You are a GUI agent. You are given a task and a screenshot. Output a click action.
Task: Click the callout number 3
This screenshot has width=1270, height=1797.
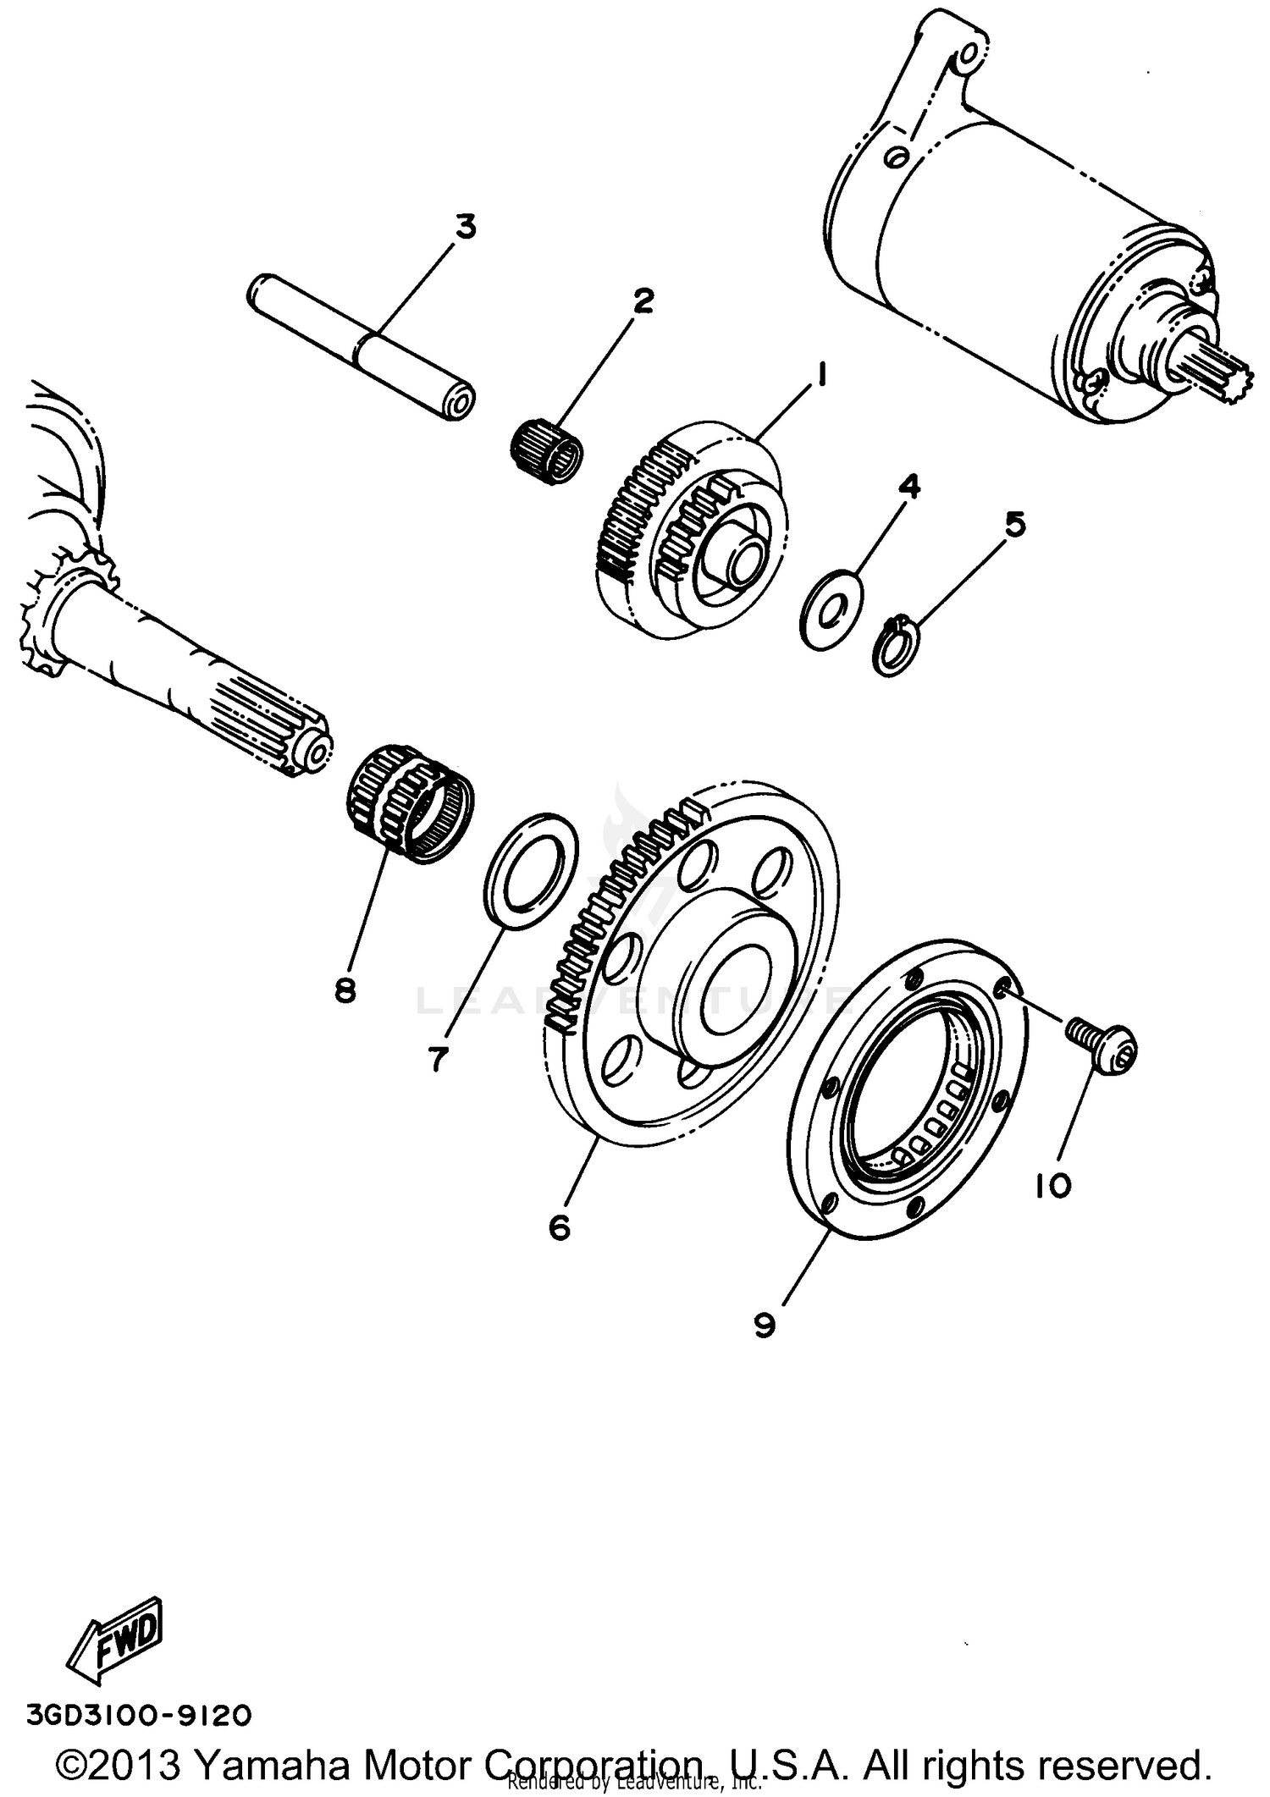[466, 227]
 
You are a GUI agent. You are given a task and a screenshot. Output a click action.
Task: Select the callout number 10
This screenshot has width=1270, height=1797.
[1052, 1186]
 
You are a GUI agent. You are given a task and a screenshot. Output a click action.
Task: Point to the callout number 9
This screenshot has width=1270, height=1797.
[764, 1325]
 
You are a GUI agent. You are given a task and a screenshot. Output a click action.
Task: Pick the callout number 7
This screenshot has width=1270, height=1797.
[437, 1057]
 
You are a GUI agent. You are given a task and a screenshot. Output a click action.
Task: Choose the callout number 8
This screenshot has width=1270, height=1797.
[345, 989]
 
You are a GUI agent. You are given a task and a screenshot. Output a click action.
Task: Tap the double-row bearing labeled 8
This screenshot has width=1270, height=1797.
[411, 804]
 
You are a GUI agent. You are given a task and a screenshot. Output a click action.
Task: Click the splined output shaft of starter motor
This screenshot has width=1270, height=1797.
[1229, 368]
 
